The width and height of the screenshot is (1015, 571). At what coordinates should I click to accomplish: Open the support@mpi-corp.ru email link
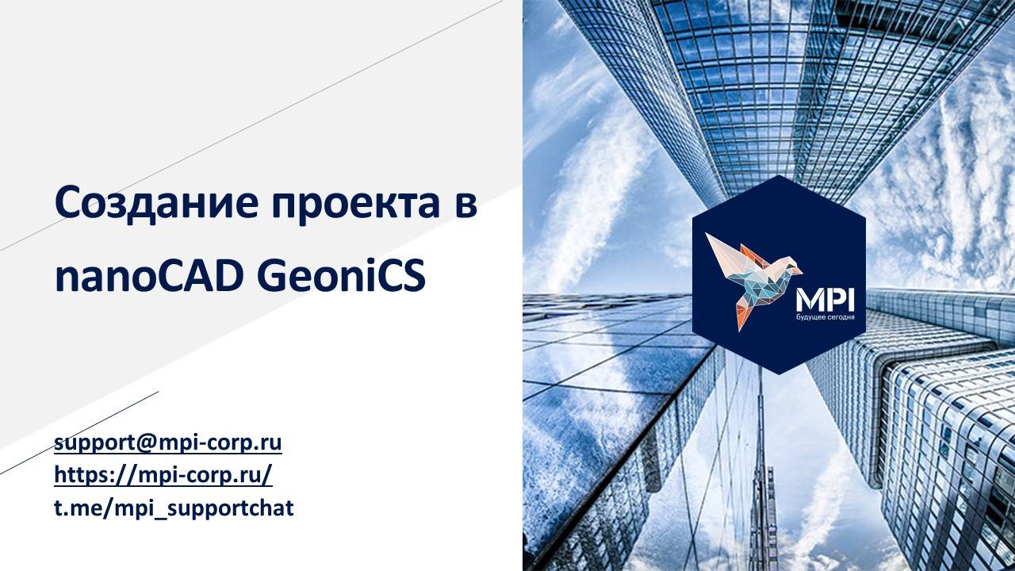point(168,443)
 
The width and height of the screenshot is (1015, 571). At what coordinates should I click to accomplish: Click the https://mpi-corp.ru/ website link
point(163,474)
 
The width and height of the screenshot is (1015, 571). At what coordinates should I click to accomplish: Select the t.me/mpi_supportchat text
point(174,508)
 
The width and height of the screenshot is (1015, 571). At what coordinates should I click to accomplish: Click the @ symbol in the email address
point(147,443)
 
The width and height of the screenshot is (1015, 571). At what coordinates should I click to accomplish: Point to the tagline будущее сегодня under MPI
point(825,318)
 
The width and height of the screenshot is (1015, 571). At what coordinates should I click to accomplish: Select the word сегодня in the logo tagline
point(839,318)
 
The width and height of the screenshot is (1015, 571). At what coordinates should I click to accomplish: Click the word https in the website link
point(79,474)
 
